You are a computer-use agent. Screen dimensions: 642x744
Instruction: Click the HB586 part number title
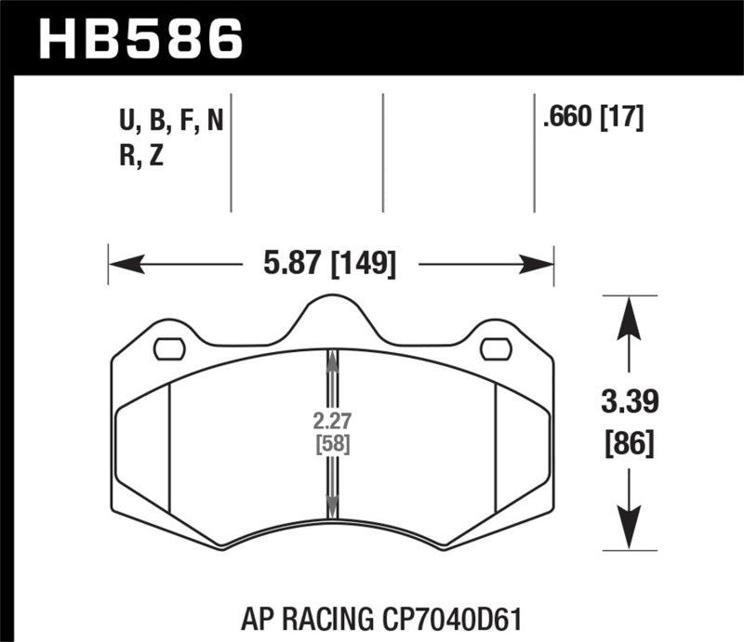coord(139,38)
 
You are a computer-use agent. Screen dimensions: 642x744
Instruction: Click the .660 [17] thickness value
coord(591,118)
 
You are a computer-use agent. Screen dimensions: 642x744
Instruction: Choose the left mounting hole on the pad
coord(168,348)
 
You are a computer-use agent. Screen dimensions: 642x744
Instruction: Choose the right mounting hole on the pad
coord(496,348)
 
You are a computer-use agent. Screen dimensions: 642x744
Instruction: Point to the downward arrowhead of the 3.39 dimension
coord(630,535)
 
